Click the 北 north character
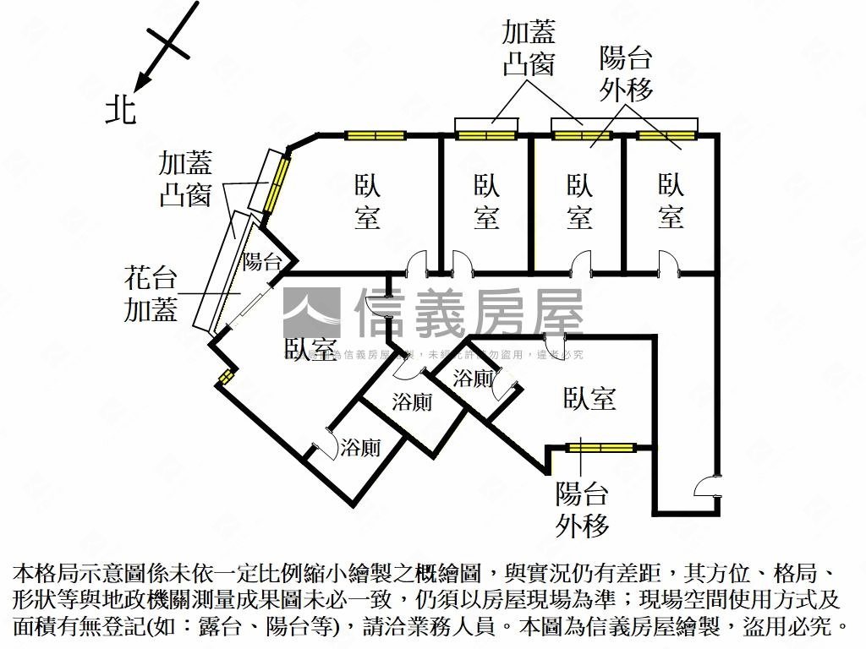pos(120,109)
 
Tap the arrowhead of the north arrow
pos(141,83)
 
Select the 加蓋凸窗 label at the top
pos(529,48)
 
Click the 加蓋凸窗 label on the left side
pos(185,178)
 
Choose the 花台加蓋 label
pos(151,293)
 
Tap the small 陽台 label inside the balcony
pos(262,262)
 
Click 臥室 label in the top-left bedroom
pos(367,200)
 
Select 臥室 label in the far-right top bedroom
pos(671,200)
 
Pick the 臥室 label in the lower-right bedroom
pos(589,399)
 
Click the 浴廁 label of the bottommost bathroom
pos(360,448)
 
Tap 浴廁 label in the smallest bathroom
pos(473,379)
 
